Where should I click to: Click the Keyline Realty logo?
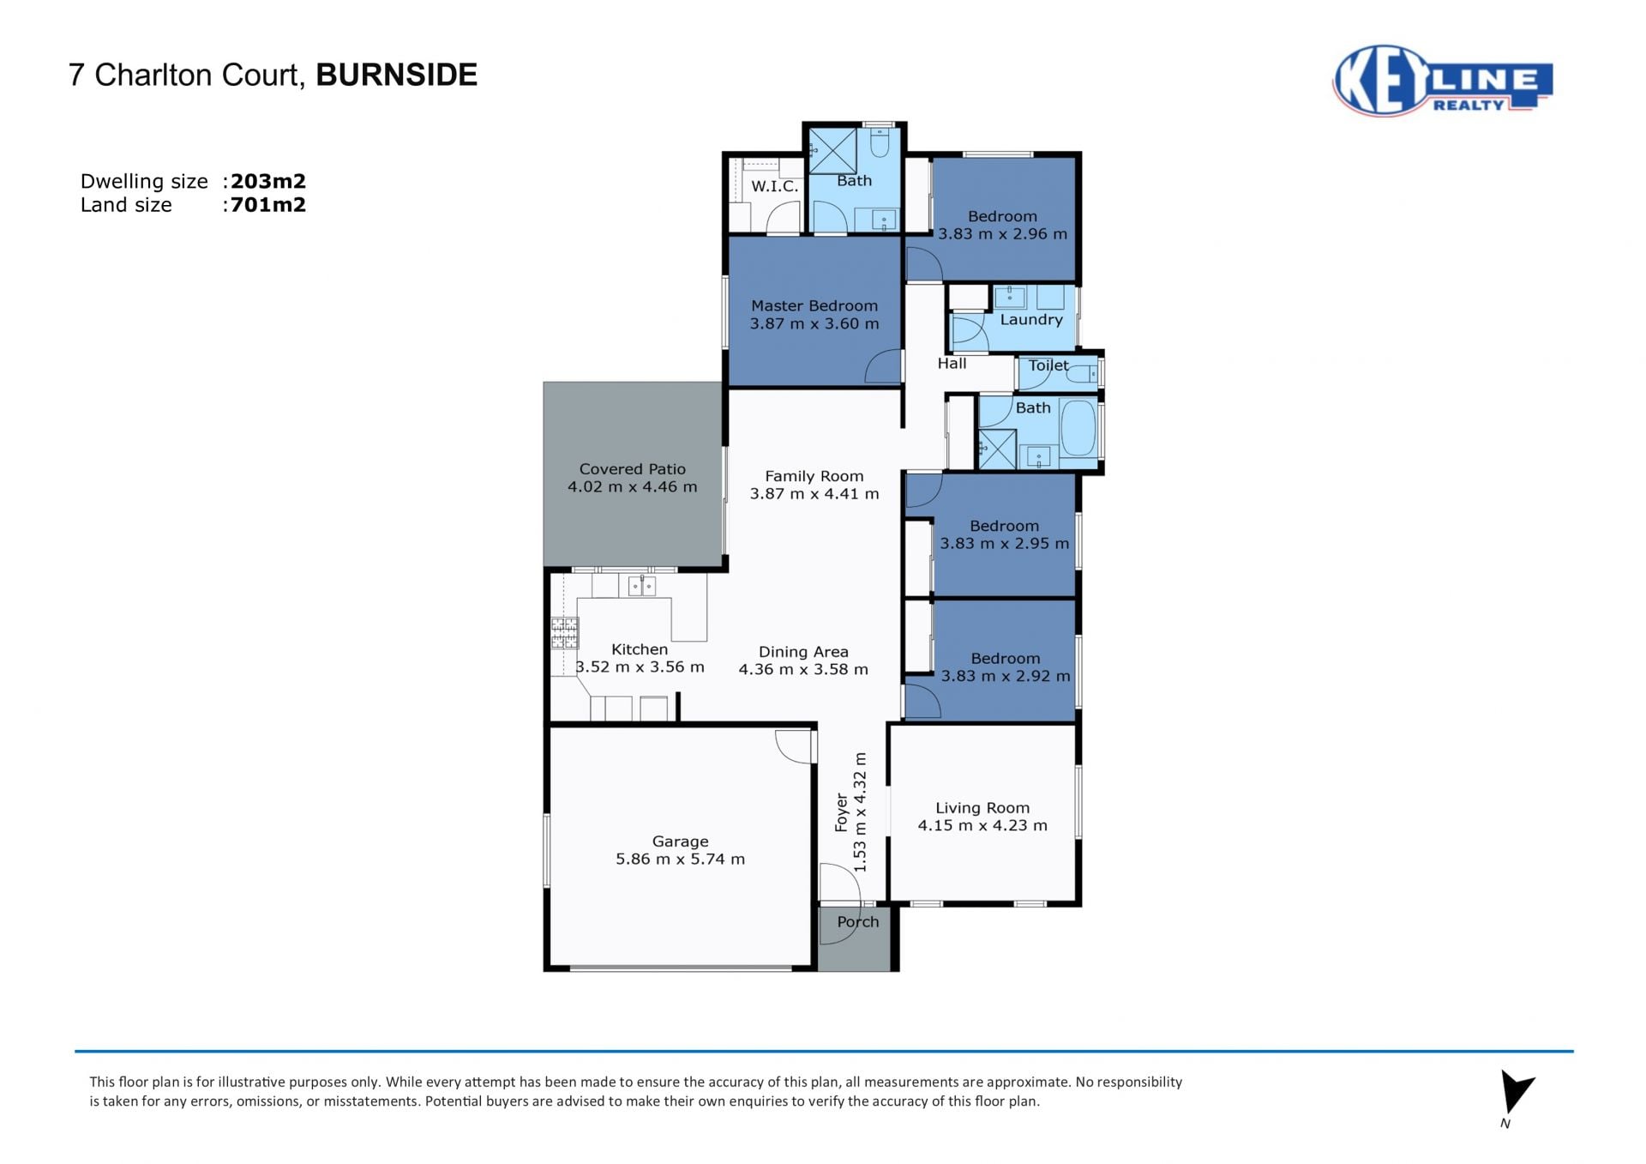coord(1442,81)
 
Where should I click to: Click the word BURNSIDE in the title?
coord(396,75)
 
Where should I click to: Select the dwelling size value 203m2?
coord(268,181)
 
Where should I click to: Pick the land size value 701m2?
coord(268,204)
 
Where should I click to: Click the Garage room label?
coord(680,841)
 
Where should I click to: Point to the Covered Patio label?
coord(633,469)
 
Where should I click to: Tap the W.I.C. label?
coord(775,186)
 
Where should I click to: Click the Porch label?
coord(858,921)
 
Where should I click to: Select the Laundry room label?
coord(1031,320)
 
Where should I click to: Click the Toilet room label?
coord(1048,365)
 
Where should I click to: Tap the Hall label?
coord(952,364)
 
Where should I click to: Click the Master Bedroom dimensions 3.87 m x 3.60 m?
coord(814,323)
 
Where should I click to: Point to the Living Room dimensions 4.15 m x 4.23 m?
coord(982,825)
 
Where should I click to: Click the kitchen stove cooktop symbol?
coord(564,633)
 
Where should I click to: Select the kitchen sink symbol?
coord(642,585)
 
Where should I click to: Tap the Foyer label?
coord(842,812)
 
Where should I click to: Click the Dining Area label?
coord(803,652)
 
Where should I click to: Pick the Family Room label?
coord(814,476)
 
